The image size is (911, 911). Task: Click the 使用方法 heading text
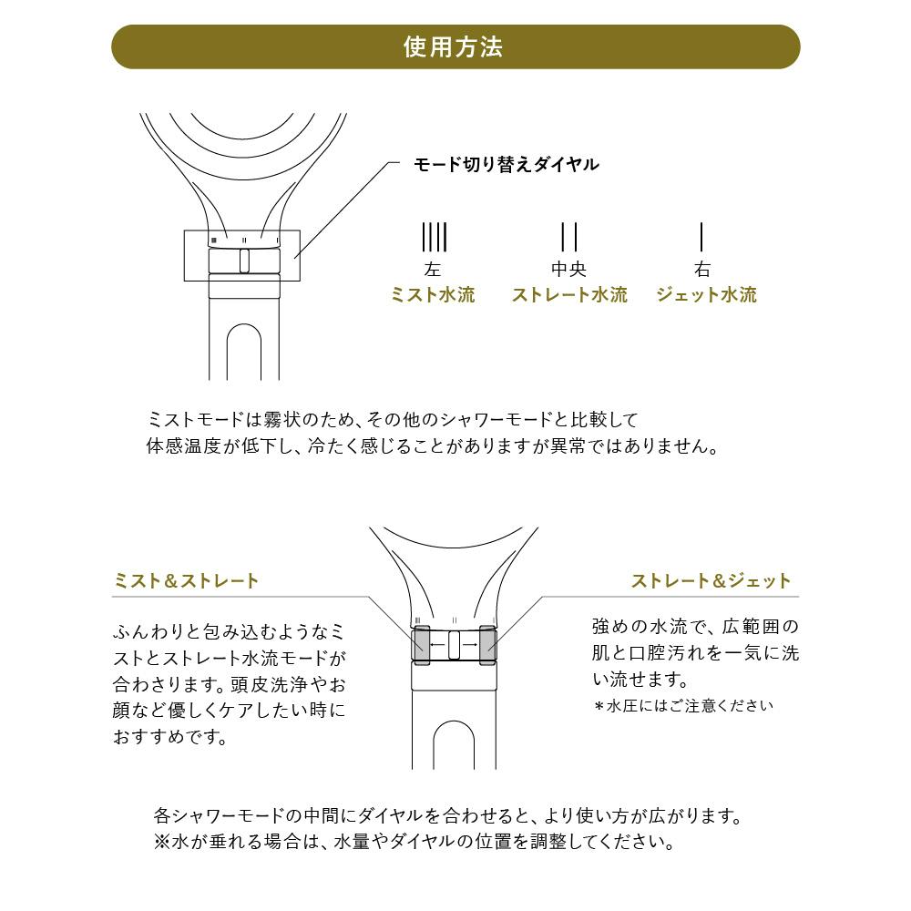453,47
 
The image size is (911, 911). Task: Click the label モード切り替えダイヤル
506,164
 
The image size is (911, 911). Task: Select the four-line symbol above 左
434,237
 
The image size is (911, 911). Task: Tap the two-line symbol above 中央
568,237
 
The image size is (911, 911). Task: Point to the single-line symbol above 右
701,237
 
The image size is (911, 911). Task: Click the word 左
432,270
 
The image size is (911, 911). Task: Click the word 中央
568,269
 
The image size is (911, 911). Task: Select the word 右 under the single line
702,270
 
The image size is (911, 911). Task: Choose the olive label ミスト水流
433,294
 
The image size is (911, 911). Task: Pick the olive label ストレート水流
569,294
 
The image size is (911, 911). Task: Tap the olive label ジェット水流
707,294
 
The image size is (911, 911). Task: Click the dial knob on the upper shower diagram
244,261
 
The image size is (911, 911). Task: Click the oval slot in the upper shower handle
244,352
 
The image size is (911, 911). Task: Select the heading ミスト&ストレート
185,580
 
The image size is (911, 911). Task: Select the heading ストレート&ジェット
711,580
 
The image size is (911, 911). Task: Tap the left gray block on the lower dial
421,645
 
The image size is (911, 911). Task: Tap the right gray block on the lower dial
487,645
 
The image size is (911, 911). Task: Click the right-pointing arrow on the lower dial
470,645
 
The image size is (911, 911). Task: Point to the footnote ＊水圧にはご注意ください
683,706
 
